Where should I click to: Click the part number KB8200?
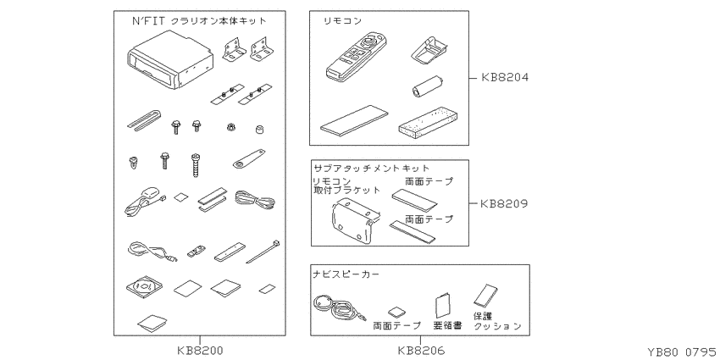(200, 352)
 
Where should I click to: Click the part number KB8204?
(505, 78)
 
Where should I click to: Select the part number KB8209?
(504, 203)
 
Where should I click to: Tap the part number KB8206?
(421, 352)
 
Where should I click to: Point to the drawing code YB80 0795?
(684, 352)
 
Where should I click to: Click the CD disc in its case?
(144, 286)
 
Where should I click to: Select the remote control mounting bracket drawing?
(356, 221)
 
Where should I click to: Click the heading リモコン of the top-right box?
(342, 21)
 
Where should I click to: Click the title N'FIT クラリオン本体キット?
(199, 20)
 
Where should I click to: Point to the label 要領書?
(447, 325)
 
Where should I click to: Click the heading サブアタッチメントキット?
(371, 168)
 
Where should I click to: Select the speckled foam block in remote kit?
(429, 121)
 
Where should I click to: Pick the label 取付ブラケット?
(346, 190)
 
